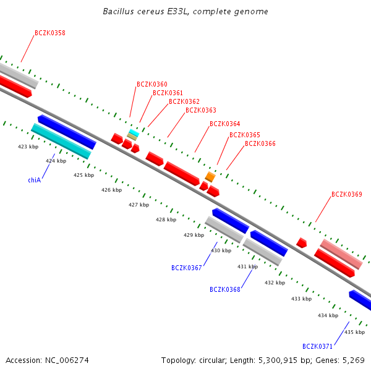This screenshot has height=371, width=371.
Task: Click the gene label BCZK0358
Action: coord(50,33)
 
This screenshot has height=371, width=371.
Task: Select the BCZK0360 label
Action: coord(152,84)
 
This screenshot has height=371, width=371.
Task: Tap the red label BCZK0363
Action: coord(201,110)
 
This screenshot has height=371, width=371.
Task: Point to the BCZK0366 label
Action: coord(260,143)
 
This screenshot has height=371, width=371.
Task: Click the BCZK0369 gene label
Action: coord(347,194)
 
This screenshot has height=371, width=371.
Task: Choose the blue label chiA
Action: coord(34,180)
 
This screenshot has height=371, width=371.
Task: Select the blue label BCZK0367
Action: coord(187,268)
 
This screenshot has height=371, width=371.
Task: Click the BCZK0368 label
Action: coord(225,289)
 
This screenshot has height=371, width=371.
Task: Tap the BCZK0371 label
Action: coord(318,346)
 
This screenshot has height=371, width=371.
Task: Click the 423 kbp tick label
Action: coord(28,147)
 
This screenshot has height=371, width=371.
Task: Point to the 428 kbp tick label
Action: coord(166,220)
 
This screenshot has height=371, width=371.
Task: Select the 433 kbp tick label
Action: coord(301,299)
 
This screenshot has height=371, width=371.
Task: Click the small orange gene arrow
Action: coord(210,177)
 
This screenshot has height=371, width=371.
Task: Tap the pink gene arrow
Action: coord(341,254)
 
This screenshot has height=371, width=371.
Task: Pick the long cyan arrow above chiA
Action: coord(61,141)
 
